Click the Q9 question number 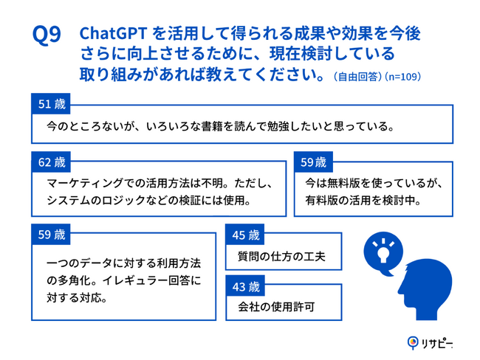pos(47,35)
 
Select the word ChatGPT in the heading pos(113,33)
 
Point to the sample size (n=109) pos(403,77)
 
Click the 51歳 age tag pos(51,104)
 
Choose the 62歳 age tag pos(51,162)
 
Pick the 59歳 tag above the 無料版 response pos(313,162)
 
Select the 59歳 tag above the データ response pos(51,235)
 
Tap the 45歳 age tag pos(245,235)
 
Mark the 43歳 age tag pos(245,286)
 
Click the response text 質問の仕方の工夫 pos(281,256)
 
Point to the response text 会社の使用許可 pos(276,306)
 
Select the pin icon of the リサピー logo pos(413,342)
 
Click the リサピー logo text pos(437,344)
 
